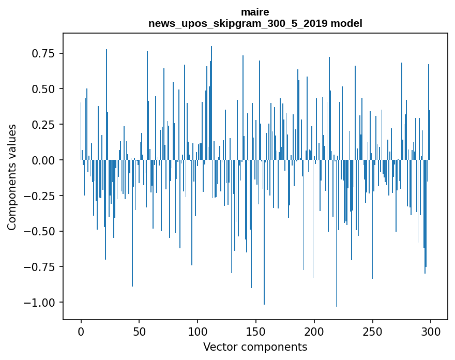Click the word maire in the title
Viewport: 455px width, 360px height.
pyautogui.click(x=255, y=12)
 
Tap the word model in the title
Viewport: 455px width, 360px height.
pyautogui.click(x=347, y=23)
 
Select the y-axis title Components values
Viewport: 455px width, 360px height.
pyautogui.click(x=12, y=177)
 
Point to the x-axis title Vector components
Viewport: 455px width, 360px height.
pyautogui.click(x=255, y=347)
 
